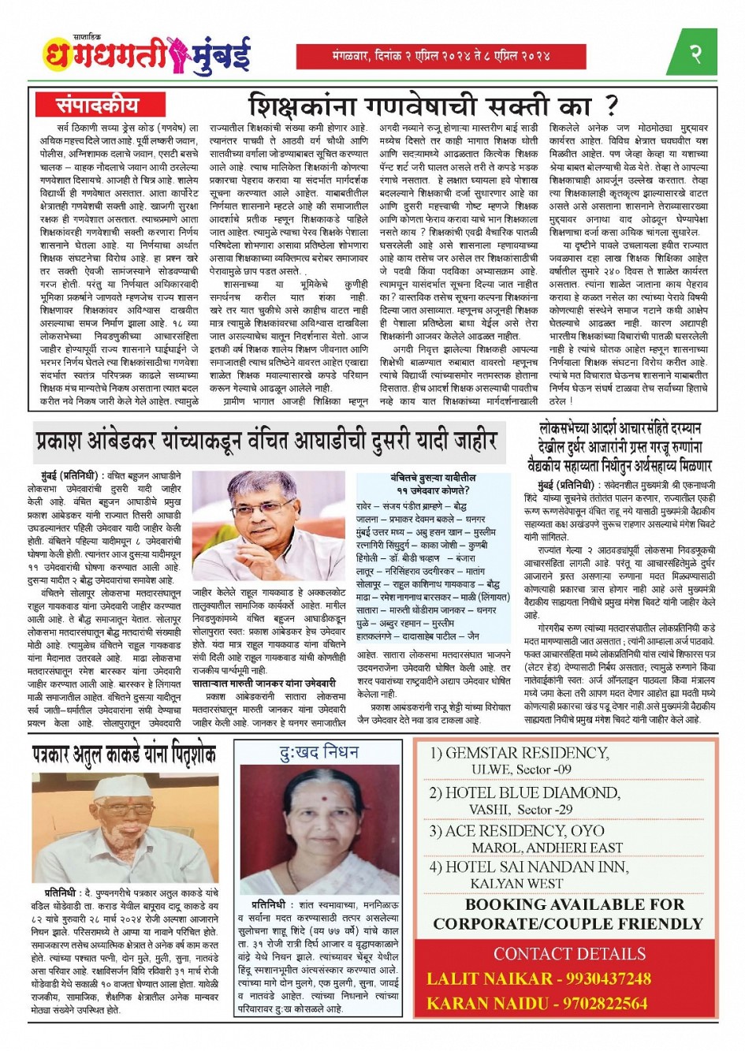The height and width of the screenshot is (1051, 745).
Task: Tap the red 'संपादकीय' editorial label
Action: tap(97, 106)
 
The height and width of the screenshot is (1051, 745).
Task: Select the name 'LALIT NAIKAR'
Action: tap(490, 979)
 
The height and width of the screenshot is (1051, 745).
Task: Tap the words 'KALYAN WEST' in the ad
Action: tap(516, 884)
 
